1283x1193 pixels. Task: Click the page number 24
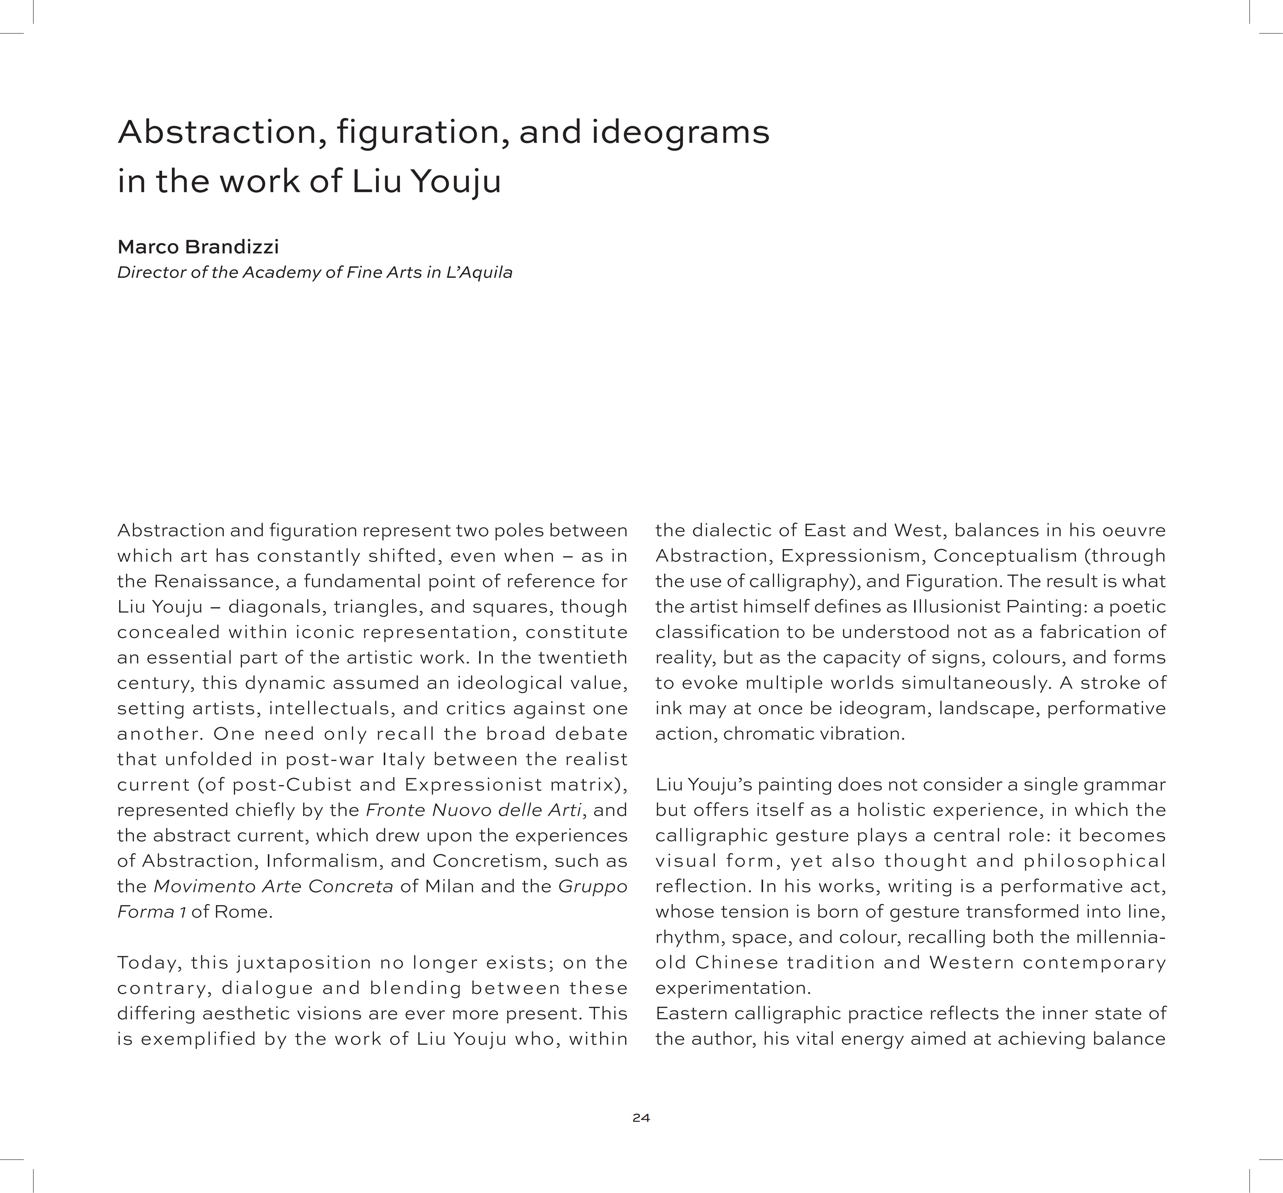641,1118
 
